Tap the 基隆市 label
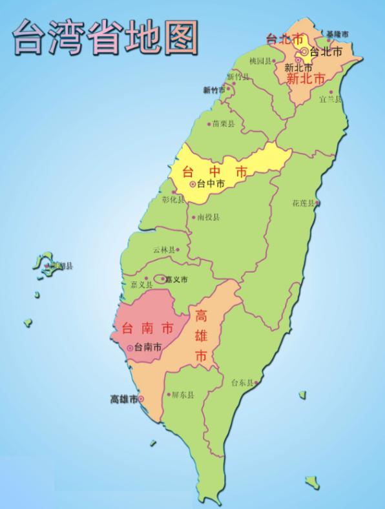337,34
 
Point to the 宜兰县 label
329,99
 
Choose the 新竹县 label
237,77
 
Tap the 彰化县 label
172,200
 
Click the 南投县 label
208,217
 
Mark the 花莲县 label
302,203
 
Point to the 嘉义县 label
140,284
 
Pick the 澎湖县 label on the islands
61,265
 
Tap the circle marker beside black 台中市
192,185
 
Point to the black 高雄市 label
123,399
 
